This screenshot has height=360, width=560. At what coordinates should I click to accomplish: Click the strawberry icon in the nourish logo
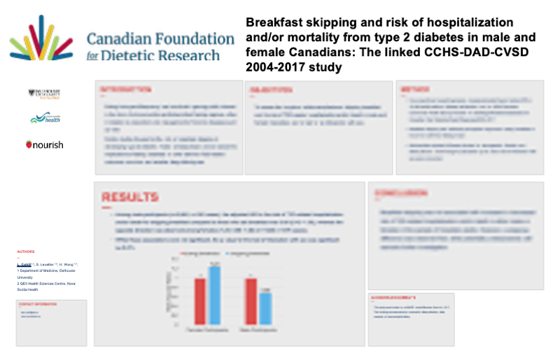(x=29, y=144)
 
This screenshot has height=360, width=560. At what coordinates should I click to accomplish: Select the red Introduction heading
(x=126, y=90)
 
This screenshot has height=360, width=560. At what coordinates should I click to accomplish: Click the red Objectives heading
(x=269, y=90)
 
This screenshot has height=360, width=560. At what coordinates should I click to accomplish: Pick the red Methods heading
(x=415, y=90)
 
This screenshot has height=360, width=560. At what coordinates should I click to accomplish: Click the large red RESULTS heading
(x=130, y=198)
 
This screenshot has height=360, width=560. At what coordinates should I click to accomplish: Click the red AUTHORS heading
(x=27, y=251)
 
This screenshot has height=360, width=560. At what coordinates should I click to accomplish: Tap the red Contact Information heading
(x=38, y=304)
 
